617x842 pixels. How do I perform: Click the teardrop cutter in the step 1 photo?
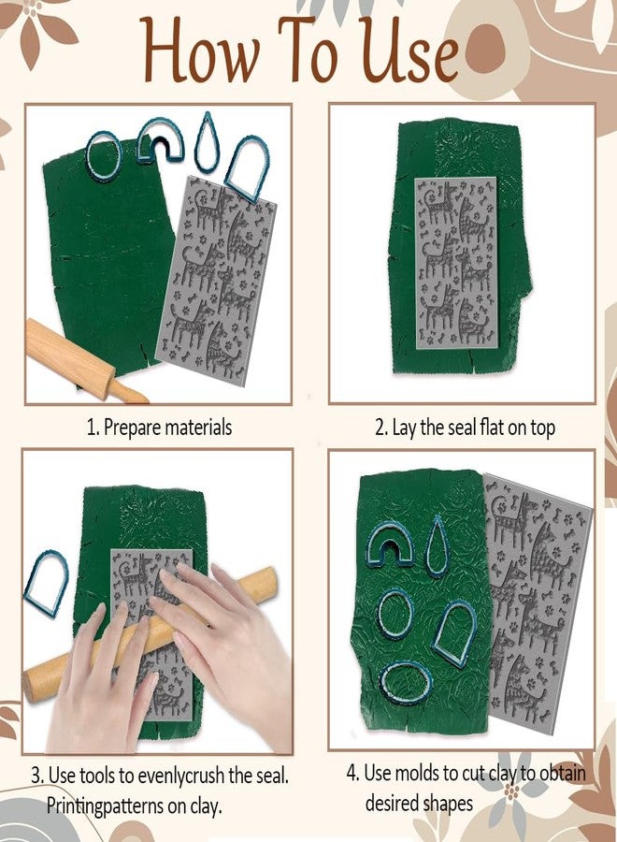click(x=207, y=142)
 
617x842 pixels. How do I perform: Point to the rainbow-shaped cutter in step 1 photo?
click(x=160, y=140)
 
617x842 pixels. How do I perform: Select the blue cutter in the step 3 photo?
click(x=45, y=583)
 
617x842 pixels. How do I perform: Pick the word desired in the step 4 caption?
click(x=394, y=803)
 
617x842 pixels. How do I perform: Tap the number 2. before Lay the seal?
click(x=381, y=428)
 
